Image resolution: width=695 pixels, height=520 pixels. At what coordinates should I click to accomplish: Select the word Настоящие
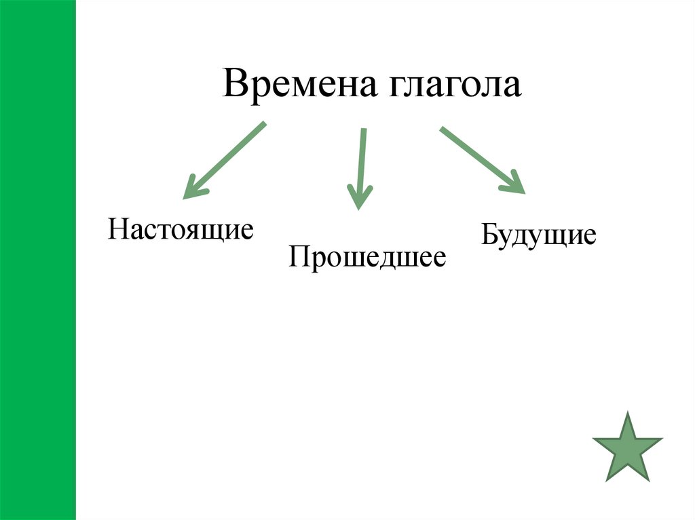181,229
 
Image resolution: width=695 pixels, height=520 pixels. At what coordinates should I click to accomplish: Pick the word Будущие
539,235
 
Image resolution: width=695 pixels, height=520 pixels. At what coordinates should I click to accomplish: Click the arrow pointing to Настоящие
224,161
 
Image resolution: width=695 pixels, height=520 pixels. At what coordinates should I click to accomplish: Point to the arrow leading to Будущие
482,160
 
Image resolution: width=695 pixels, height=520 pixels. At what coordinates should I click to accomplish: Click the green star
627,448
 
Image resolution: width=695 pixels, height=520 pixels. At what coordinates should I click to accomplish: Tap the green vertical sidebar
37,260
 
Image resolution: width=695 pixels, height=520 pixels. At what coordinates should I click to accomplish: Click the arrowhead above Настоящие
192,188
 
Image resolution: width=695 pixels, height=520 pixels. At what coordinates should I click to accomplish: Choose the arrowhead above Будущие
516,184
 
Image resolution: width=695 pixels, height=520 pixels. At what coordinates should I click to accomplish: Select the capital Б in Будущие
489,235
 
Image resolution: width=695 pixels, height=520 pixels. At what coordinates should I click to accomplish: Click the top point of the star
627,415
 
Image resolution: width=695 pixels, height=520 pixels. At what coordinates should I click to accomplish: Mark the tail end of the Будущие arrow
443,129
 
